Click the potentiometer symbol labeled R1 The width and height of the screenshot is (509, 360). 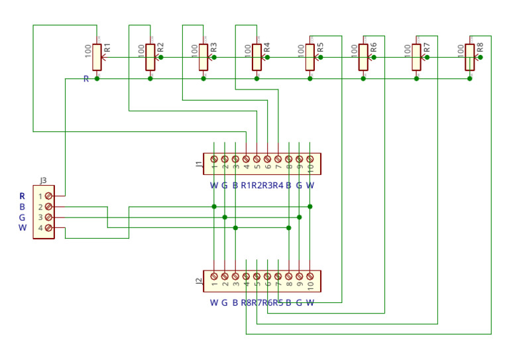(x=97, y=57)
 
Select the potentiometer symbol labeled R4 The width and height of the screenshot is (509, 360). (x=256, y=57)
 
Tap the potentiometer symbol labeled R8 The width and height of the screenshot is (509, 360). (x=469, y=57)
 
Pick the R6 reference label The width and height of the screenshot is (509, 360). (x=373, y=48)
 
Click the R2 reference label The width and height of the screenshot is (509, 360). (x=160, y=48)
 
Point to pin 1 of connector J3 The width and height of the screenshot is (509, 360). (x=48, y=196)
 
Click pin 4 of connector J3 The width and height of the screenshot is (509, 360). (x=48, y=228)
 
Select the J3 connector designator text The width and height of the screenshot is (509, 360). (x=43, y=180)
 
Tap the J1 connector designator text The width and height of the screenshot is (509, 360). (x=199, y=164)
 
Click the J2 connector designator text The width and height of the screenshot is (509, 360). (x=199, y=281)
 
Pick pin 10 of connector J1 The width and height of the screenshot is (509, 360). (x=310, y=159)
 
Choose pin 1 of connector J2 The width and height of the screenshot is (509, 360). (x=214, y=276)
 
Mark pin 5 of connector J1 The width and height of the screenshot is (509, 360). (x=256, y=159)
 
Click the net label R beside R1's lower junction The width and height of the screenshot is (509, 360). (x=86, y=79)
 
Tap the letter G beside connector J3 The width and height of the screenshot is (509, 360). (x=22, y=217)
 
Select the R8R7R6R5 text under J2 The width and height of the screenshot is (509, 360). (x=262, y=303)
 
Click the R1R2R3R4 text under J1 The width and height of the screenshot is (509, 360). (x=262, y=186)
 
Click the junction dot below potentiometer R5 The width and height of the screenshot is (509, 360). (x=310, y=78)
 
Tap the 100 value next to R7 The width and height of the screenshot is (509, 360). (x=407, y=50)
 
